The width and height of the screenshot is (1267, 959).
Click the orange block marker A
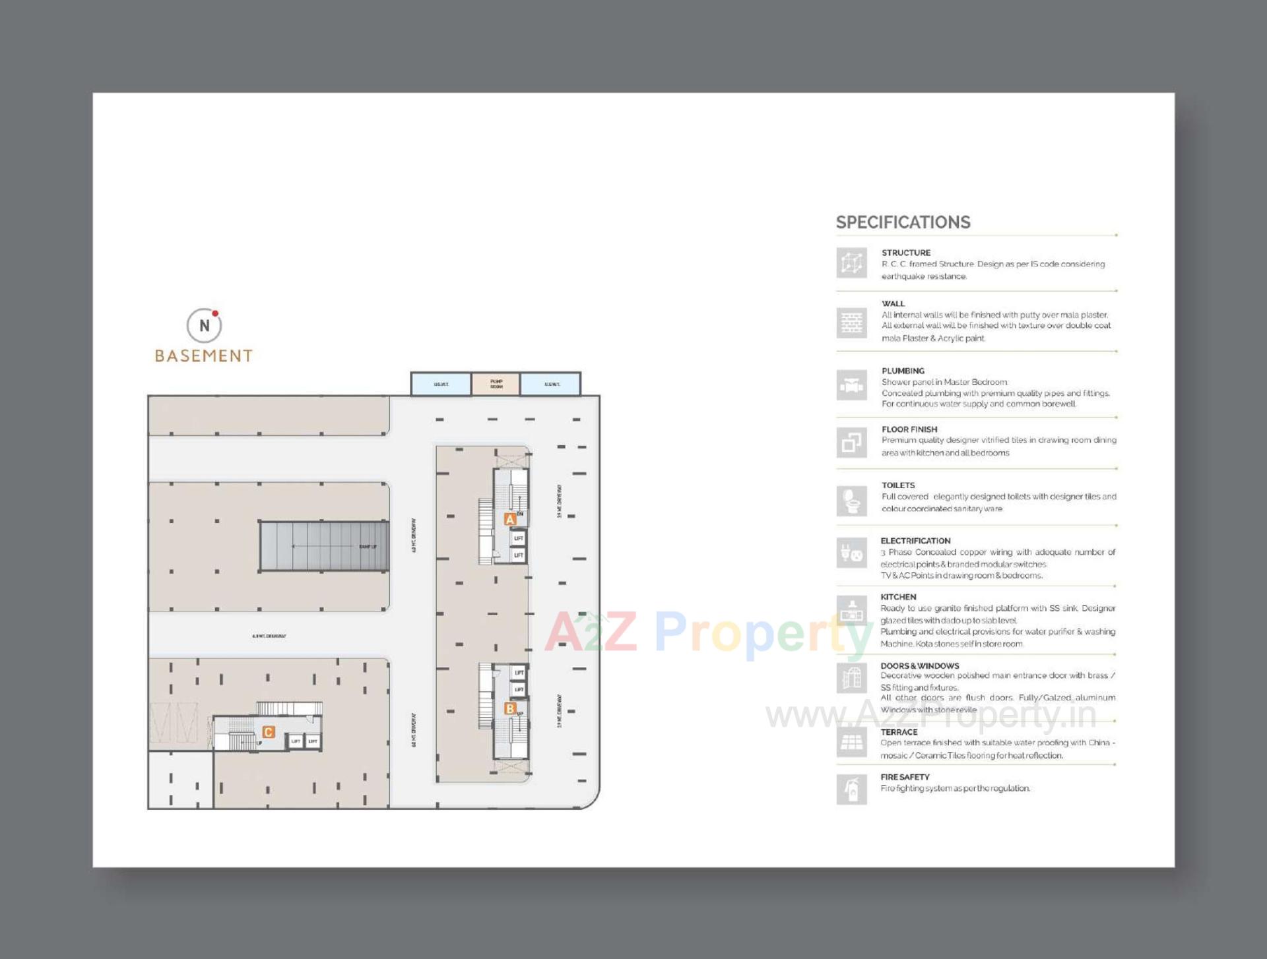(x=509, y=519)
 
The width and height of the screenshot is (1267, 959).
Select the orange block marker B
(x=509, y=708)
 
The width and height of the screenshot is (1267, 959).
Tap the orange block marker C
(x=268, y=732)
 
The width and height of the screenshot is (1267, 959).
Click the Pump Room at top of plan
(x=496, y=384)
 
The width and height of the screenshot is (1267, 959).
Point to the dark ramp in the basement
(x=324, y=546)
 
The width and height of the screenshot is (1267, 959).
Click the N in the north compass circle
(x=204, y=326)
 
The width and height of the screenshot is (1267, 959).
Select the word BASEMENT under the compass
(x=203, y=356)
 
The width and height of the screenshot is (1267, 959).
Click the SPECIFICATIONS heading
(x=903, y=222)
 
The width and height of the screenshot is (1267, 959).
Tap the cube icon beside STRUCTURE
(x=851, y=263)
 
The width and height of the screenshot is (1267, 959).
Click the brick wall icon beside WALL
(x=851, y=323)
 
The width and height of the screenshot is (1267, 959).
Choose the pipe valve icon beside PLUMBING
(x=851, y=385)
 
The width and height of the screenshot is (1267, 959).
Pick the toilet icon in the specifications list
(x=851, y=501)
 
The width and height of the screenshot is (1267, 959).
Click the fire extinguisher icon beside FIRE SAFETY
(x=851, y=789)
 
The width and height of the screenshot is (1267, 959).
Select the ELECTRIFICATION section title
(x=915, y=541)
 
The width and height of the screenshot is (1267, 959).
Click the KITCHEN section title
(x=898, y=597)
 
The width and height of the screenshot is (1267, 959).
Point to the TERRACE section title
(x=899, y=732)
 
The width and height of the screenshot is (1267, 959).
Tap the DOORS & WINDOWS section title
(x=919, y=666)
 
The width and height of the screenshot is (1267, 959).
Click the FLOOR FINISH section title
(x=909, y=429)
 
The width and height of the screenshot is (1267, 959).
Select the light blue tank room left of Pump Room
(x=441, y=384)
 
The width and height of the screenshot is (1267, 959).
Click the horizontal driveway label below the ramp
(x=269, y=636)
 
